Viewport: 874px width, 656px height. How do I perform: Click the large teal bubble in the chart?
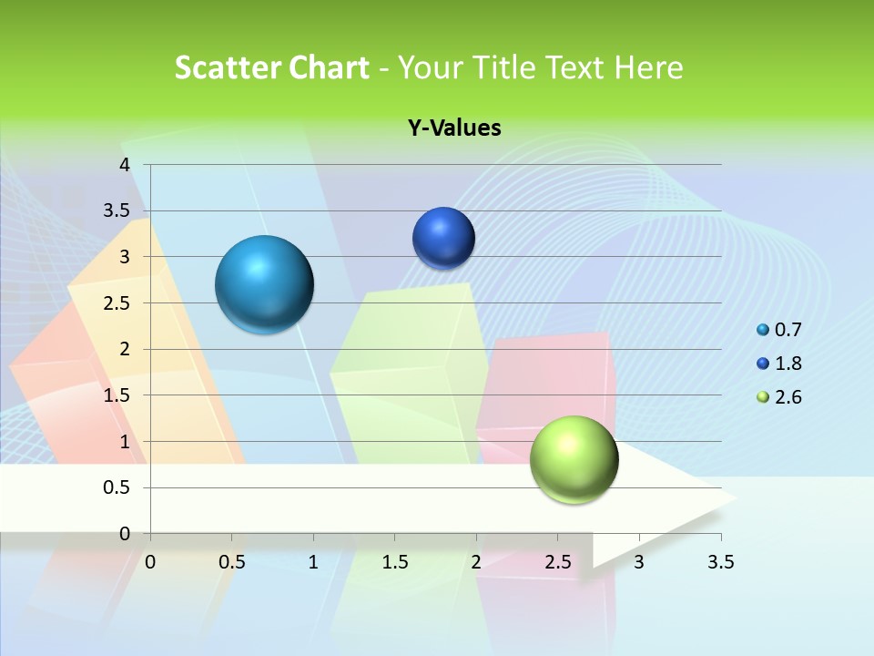click(265, 284)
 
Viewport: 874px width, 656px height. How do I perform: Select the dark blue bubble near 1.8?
click(443, 238)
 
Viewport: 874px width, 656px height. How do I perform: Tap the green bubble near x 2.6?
click(574, 459)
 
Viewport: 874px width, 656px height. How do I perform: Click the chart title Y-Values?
click(454, 128)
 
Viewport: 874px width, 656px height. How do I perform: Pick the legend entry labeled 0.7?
click(788, 330)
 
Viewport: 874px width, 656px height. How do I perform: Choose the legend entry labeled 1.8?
click(788, 364)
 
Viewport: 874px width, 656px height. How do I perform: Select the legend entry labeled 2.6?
click(788, 397)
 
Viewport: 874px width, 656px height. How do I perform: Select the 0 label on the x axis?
click(150, 562)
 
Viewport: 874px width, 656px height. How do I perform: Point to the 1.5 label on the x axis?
click(395, 562)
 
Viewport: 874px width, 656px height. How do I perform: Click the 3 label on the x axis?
click(639, 562)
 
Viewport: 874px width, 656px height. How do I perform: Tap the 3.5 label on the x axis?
click(720, 562)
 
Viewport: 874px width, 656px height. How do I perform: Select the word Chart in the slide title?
click(330, 67)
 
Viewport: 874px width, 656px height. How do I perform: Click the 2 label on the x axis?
click(476, 562)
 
